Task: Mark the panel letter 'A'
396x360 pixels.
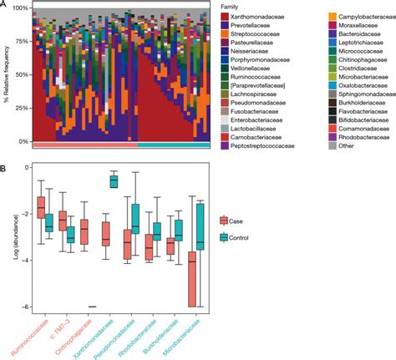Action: [5, 6]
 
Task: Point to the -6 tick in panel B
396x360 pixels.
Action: [27, 307]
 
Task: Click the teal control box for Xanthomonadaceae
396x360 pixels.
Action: [114, 181]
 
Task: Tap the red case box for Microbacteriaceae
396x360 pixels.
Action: [192, 279]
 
